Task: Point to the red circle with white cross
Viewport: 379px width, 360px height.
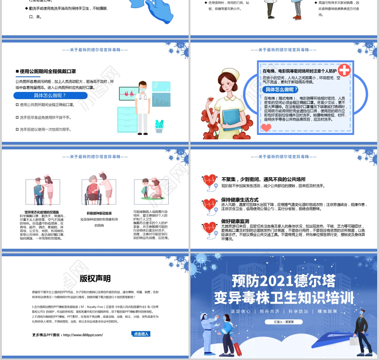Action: click(344, 71)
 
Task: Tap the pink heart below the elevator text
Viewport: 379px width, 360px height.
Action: click(267, 127)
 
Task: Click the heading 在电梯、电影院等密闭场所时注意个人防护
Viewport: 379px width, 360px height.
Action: click(300, 71)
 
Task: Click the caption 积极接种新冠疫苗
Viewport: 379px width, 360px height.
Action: click(99, 200)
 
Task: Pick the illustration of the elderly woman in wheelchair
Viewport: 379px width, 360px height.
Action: click(98, 187)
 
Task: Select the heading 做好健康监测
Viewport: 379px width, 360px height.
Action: click(235, 221)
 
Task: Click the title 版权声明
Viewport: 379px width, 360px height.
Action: click(95, 279)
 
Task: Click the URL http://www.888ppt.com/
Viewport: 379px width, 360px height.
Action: click(82, 335)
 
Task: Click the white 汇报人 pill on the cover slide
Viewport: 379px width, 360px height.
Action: click(284, 321)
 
